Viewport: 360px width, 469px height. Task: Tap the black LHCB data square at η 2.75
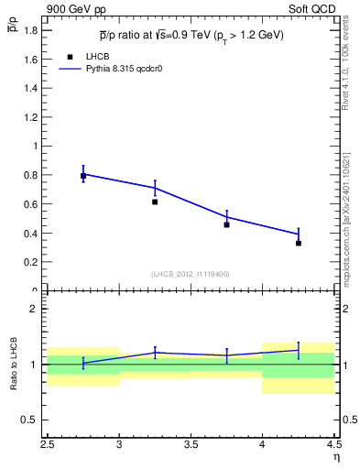(83, 176)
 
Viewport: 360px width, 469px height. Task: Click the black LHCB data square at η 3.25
(155, 202)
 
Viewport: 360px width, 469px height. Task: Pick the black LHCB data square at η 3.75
(226, 224)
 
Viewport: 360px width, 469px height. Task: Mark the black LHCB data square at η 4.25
(299, 243)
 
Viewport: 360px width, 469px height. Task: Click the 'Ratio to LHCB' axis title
(14, 364)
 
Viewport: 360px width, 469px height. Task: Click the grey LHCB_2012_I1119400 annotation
(191, 274)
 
